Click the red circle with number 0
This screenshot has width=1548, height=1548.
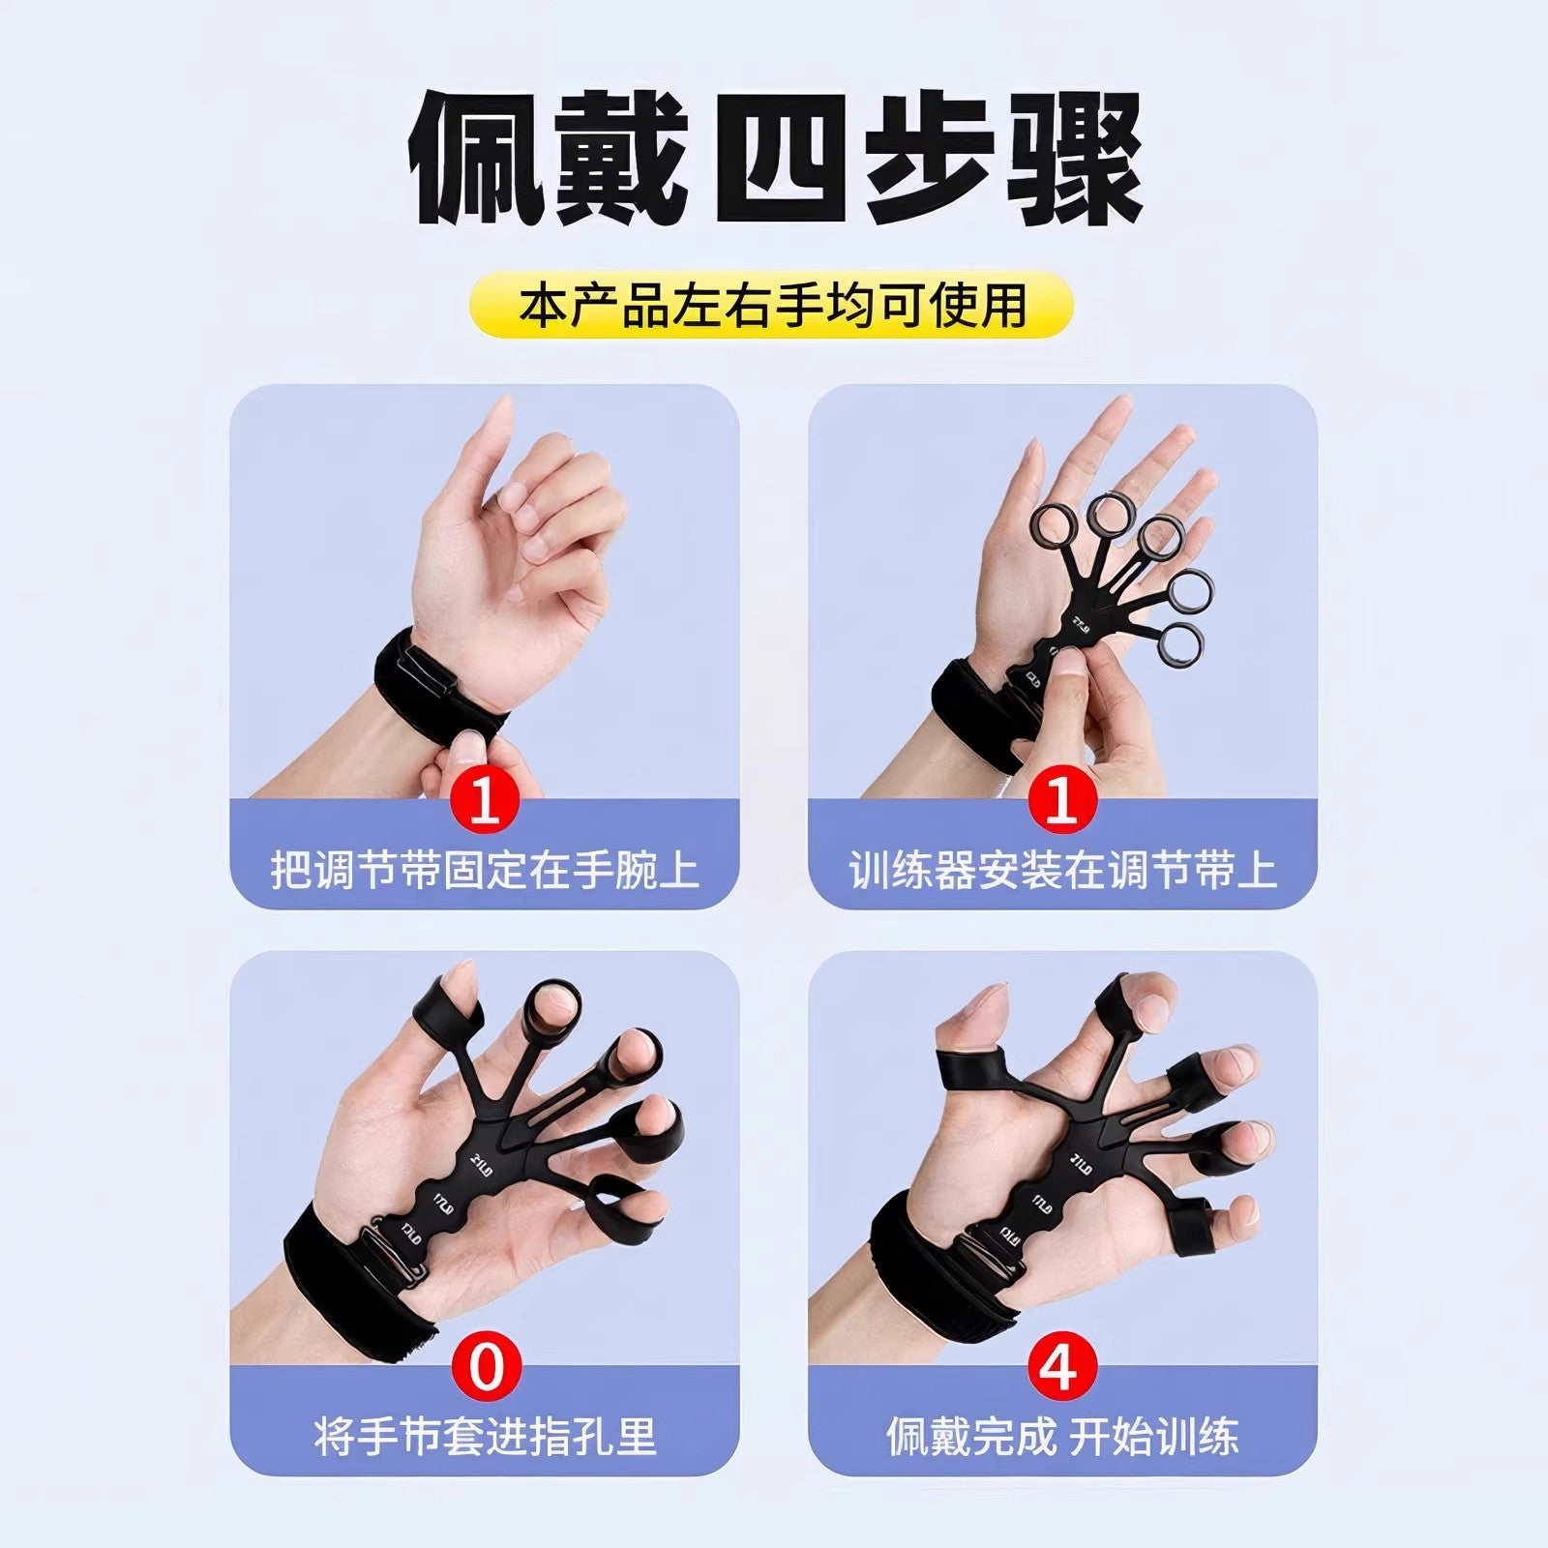pos(486,1368)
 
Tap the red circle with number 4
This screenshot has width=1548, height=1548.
pos(1061,1368)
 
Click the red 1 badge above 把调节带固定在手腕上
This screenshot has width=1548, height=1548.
pos(486,802)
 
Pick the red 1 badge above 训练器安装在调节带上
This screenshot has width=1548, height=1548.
pos(1061,802)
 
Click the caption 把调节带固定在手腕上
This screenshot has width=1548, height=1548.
pos(485,870)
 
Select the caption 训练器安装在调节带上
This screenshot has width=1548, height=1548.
pos(1062,870)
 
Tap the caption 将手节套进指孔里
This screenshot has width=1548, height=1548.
pos(485,1436)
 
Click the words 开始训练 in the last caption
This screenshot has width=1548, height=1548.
pos(1153,1436)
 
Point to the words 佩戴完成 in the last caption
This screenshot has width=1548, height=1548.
pos(970,1436)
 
